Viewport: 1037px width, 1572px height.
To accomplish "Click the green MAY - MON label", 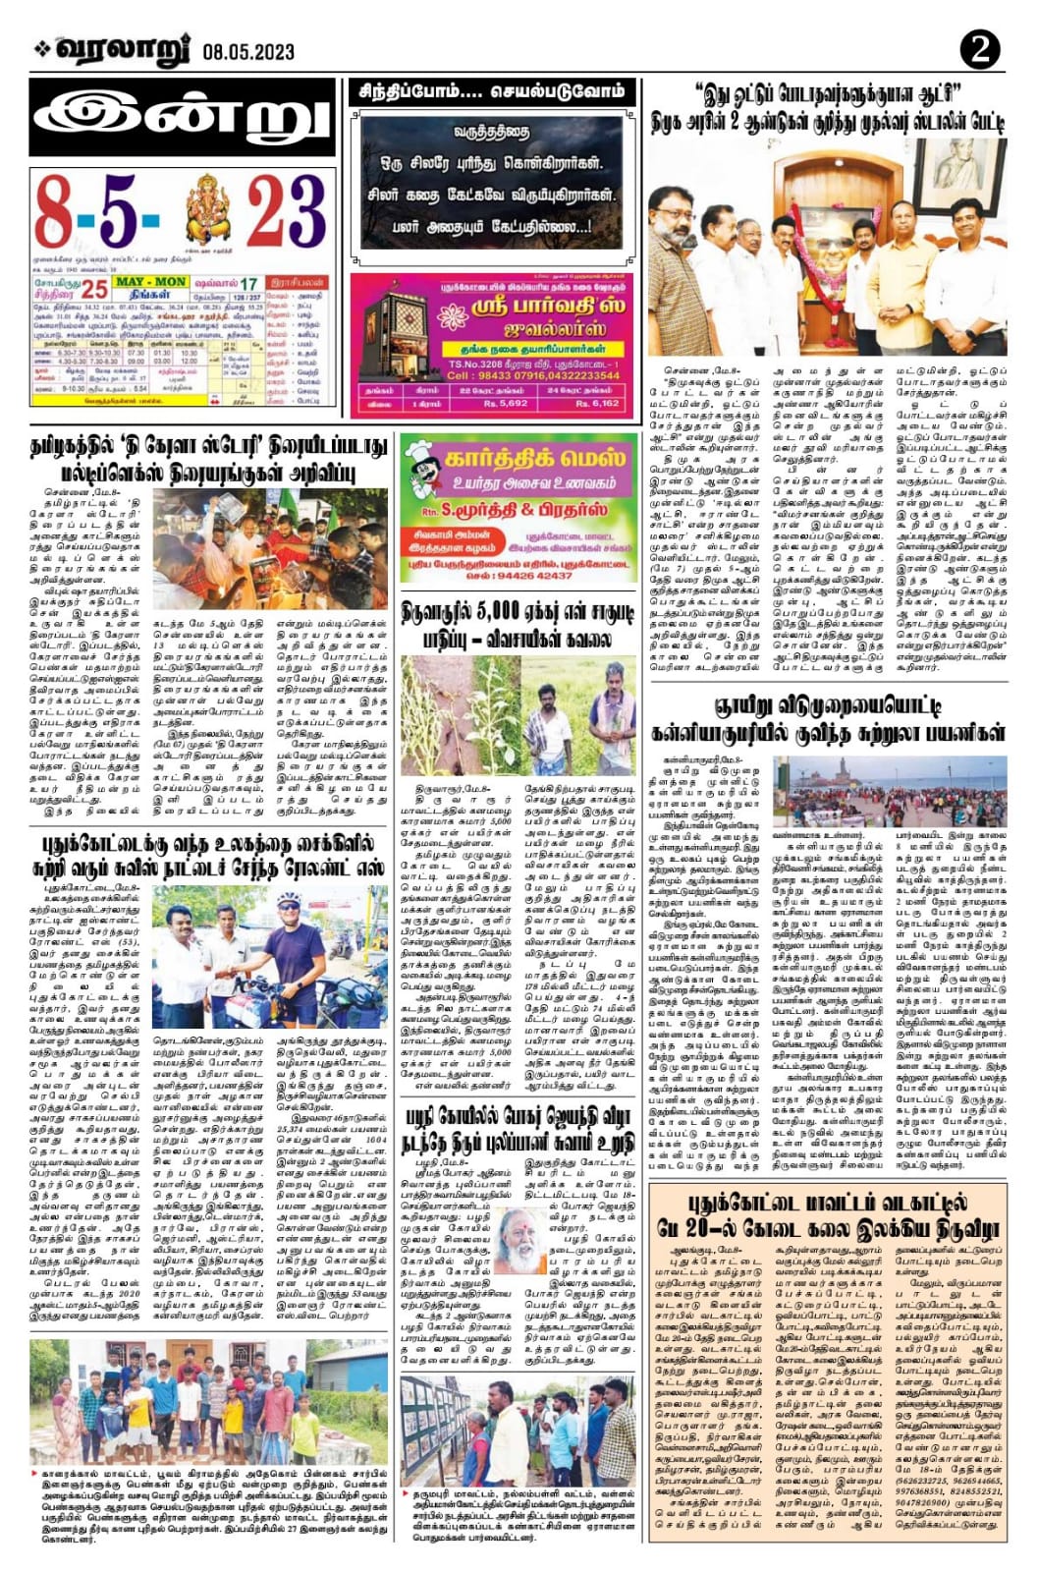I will click(150, 282).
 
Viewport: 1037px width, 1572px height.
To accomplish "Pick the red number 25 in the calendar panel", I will click(94, 289).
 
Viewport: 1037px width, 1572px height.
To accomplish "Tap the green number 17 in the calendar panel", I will click(249, 284).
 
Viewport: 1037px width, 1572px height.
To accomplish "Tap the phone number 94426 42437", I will click(529, 576).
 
